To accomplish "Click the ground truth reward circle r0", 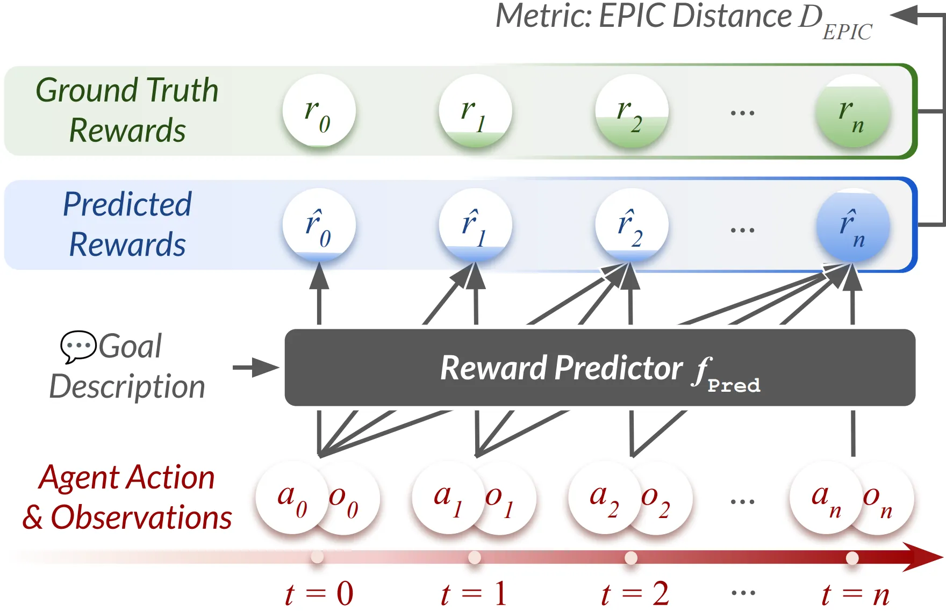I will (319, 111).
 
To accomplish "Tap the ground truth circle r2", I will (632, 111).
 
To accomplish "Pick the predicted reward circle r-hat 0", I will (319, 225).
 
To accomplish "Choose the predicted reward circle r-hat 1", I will (475, 225).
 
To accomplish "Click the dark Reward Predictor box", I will (599, 368).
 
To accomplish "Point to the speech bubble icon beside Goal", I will (78, 346).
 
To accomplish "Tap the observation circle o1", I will (501, 499).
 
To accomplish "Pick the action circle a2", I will (603, 497).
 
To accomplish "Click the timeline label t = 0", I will (319, 594).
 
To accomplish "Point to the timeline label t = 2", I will (635, 594).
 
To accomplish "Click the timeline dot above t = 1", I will (475, 557).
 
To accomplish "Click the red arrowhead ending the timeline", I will (923, 557).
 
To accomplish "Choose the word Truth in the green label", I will (182, 90).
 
